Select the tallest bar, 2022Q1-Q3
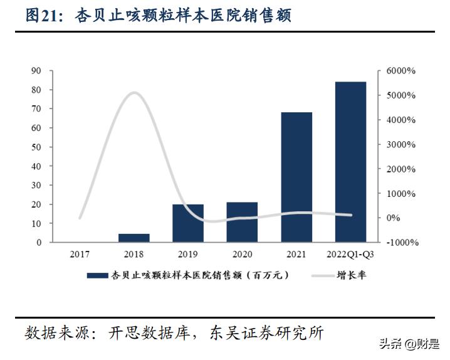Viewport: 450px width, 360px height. [x=350, y=162]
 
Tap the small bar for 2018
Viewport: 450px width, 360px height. [x=134, y=238]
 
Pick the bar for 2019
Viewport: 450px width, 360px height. [x=188, y=223]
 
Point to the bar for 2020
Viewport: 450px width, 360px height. [x=242, y=222]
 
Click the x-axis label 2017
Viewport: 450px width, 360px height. [x=80, y=254]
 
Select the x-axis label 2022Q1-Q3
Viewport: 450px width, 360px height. [x=350, y=254]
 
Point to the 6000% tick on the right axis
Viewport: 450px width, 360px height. [x=401, y=71]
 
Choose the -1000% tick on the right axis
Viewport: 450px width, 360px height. [x=401, y=243]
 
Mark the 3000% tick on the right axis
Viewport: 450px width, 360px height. [x=401, y=144]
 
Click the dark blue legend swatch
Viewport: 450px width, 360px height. [x=97, y=275]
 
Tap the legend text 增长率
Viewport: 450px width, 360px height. [x=351, y=275]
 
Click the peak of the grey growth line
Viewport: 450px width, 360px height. [x=134, y=93]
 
